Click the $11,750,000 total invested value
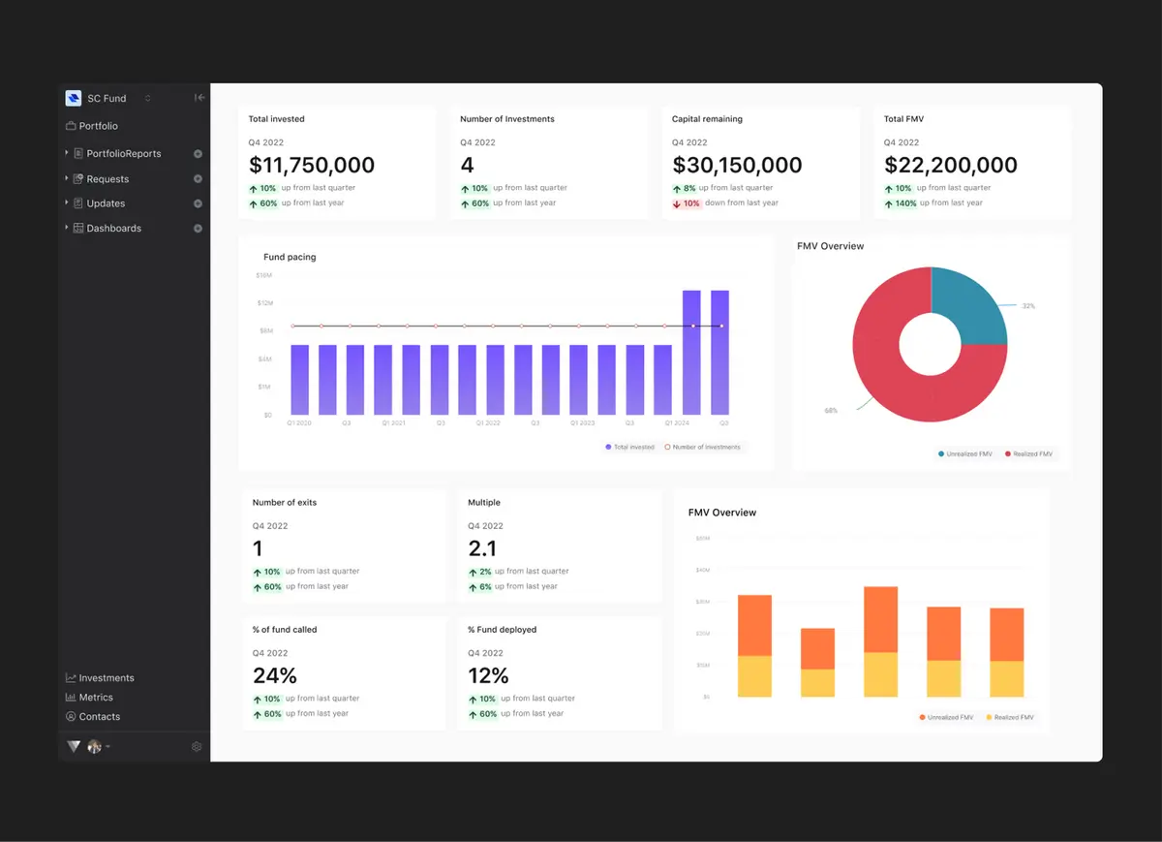(x=311, y=166)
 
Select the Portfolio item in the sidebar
(x=98, y=126)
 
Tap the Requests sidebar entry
(x=107, y=179)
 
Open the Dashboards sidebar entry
(x=113, y=229)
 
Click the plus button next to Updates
(x=198, y=203)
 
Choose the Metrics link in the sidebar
(x=95, y=698)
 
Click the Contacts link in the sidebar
(x=99, y=717)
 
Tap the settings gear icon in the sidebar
(x=197, y=747)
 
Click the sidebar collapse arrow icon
(x=199, y=98)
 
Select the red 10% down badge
(x=687, y=203)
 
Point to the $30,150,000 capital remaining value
(x=737, y=166)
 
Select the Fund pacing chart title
(x=290, y=258)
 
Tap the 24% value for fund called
(x=274, y=675)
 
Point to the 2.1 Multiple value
(x=481, y=548)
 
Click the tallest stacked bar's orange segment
(x=880, y=619)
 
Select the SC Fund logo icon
(x=73, y=98)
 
